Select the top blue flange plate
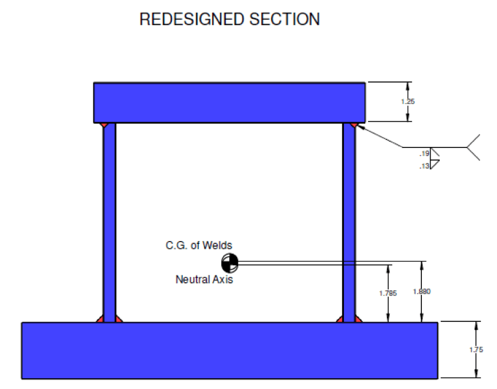230,102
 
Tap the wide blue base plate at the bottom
230,350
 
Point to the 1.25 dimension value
409,102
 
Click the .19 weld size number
424,153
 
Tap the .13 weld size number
424,165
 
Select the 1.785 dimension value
388,293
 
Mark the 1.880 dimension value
421,291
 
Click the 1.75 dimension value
476,350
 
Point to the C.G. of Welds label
199,246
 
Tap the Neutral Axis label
204,280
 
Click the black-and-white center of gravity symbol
229,263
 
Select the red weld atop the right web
355,125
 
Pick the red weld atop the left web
103,125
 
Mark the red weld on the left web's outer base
100,319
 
